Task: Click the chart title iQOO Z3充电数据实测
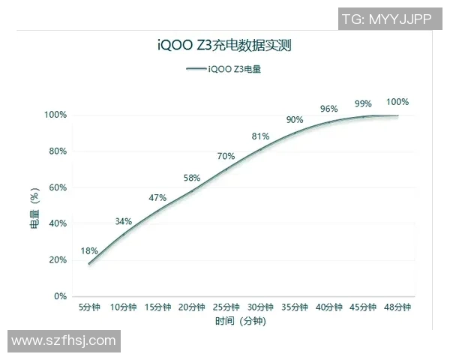click(225, 45)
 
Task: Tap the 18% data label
click(89, 251)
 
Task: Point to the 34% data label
click(124, 221)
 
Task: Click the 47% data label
click(157, 198)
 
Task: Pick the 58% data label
click(192, 178)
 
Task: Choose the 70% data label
click(226, 156)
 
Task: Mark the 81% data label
click(260, 136)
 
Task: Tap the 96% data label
click(328, 109)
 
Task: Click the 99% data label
click(363, 103)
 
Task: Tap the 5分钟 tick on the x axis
click(89, 307)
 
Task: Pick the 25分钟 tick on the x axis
click(226, 307)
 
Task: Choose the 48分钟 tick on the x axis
click(397, 307)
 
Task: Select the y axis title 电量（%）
click(34, 207)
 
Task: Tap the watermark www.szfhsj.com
click(64, 341)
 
